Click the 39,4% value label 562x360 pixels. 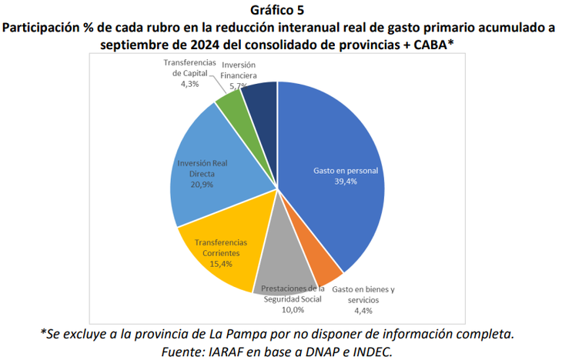345,182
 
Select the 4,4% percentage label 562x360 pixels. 363,310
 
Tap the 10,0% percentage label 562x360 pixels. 292,309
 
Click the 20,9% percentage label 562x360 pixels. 201,185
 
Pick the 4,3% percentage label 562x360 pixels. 190,84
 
